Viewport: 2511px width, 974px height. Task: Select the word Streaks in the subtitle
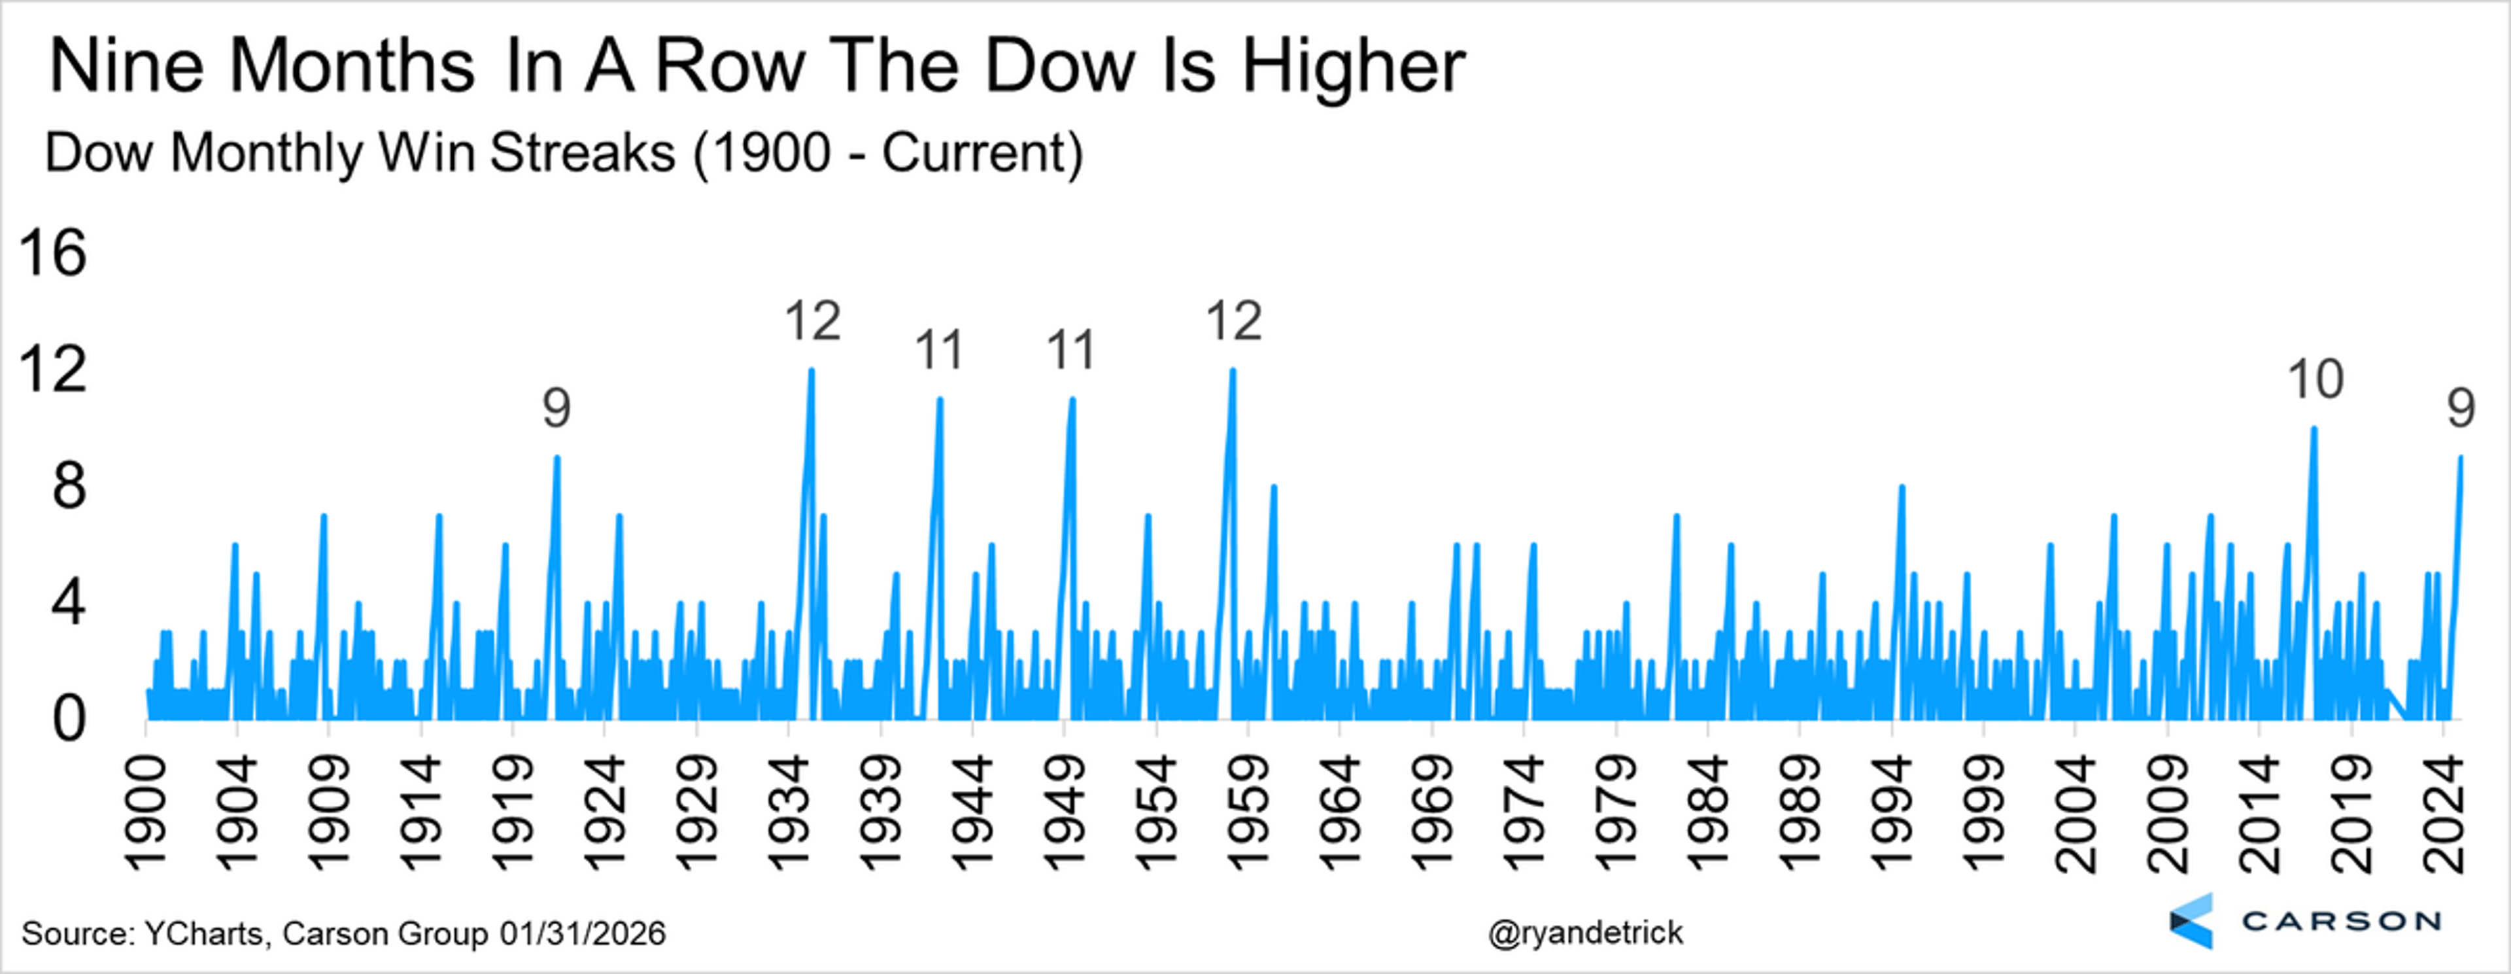click(x=582, y=153)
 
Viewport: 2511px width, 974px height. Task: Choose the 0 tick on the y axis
click(x=68, y=720)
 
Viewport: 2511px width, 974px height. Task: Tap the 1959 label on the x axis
click(x=1248, y=815)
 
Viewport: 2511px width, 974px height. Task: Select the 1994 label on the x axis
click(x=1893, y=815)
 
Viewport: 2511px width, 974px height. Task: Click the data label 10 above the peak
click(x=2315, y=379)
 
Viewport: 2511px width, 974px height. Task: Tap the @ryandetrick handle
click(x=1585, y=933)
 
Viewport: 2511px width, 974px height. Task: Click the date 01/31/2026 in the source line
click(x=583, y=933)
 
